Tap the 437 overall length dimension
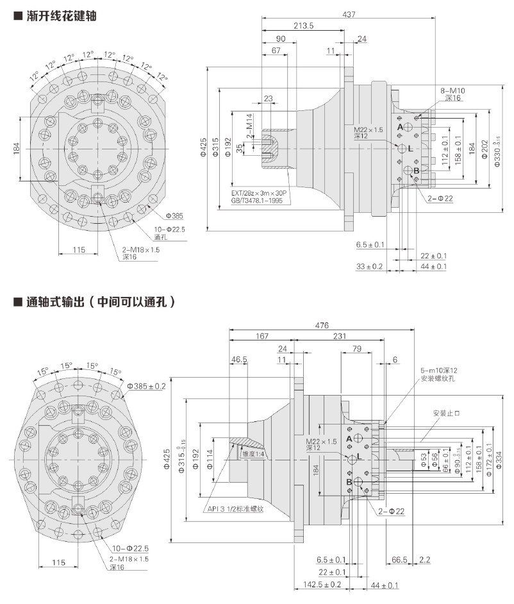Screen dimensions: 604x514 coord(349,14)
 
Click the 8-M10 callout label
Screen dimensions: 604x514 coord(452,90)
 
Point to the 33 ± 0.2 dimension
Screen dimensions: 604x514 coord(370,266)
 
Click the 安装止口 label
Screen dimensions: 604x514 coord(447,412)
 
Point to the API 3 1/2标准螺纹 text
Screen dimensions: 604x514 coord(237,509)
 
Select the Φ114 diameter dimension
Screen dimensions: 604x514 coord(210,458)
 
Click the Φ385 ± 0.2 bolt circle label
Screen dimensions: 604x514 coord(147,386)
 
